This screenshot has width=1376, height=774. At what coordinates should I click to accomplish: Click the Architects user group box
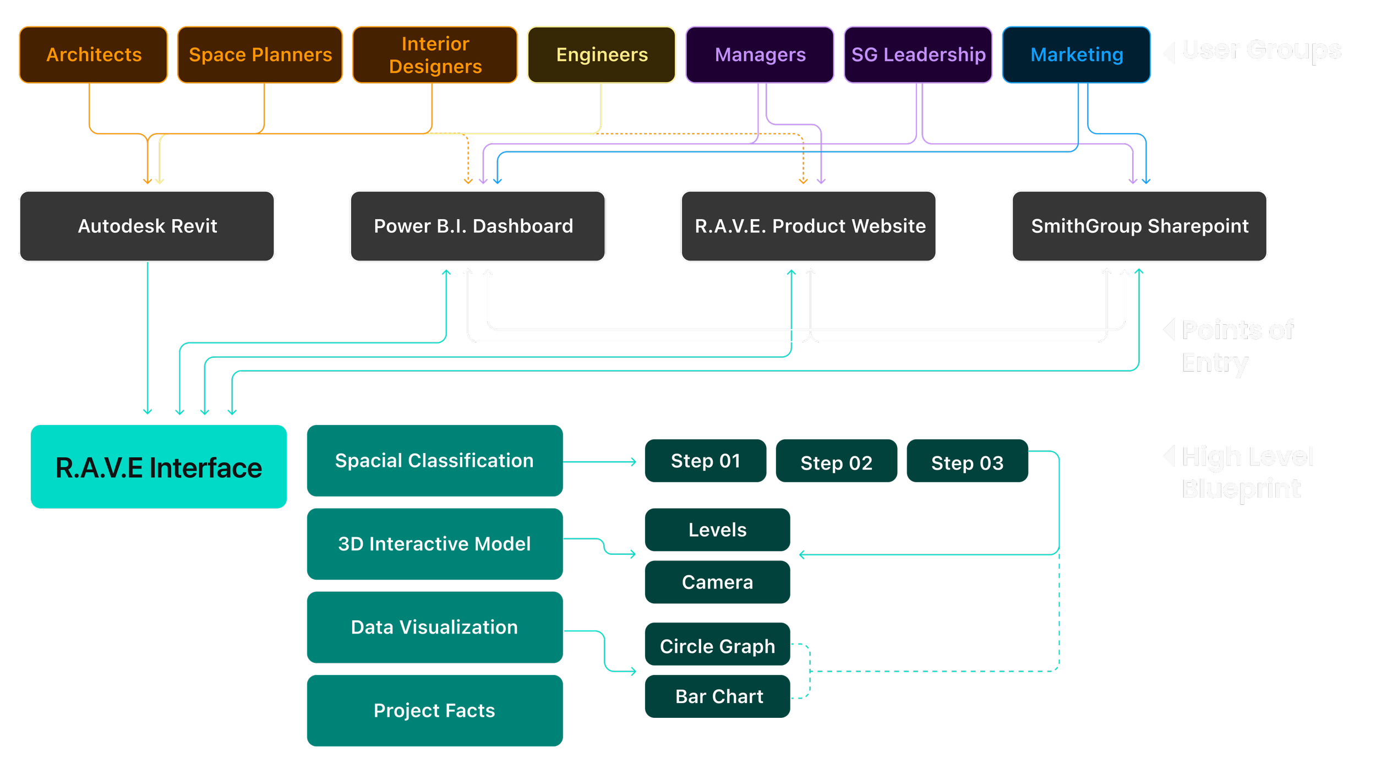coord(94,55)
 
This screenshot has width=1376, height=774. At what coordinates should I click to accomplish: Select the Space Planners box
coord(260,55)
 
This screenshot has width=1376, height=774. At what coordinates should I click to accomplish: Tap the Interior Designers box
coord(435,55)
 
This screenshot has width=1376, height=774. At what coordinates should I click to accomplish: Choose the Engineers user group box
coord(602,55)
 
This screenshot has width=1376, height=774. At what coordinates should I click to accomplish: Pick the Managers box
coord(760,55)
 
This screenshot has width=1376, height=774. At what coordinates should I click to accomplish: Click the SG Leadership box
coord(918,55)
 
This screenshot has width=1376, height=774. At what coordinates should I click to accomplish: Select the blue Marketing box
coord(1077,55)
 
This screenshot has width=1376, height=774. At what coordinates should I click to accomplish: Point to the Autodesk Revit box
coord(147,226)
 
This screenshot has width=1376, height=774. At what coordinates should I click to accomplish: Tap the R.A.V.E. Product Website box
coord(809,226)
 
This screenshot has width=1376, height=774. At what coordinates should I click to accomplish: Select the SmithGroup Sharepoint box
coord(1139,226)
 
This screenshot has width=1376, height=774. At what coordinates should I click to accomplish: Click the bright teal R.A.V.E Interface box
coord(159,467)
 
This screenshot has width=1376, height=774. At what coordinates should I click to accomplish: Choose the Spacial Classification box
coord(435,461)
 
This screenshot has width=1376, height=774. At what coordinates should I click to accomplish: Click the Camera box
coord(718,582)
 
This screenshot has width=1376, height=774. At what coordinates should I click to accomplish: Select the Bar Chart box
coord(718,696)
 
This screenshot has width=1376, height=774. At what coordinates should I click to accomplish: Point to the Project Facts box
coord(435,711)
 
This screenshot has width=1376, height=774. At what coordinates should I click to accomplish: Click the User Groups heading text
coord(1262,51)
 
